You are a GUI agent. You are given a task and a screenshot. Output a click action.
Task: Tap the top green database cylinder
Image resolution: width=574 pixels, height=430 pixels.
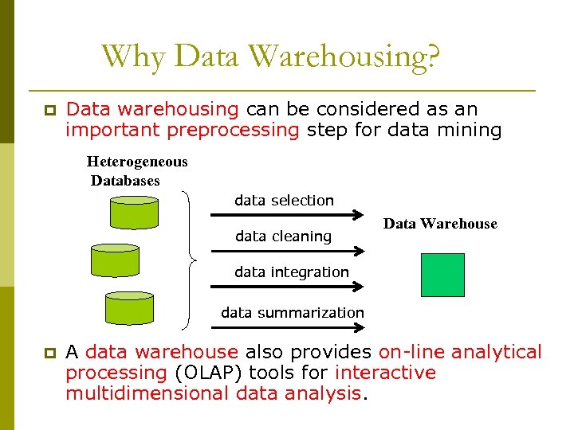tap(134, 212)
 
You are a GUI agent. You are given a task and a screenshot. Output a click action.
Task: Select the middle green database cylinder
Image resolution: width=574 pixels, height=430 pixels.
tap(115, 260)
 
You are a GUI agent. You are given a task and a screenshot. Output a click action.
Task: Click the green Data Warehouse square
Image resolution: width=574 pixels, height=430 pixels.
tap(442, 275)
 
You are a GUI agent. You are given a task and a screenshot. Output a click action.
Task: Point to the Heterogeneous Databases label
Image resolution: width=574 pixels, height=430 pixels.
tap(136, 171)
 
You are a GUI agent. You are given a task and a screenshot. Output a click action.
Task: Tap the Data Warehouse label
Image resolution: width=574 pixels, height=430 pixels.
tap(440, 224)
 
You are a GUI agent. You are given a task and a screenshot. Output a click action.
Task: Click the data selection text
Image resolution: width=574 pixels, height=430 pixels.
tap(284, 201)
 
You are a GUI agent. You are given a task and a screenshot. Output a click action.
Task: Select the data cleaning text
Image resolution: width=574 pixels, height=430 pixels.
tap(283, 236)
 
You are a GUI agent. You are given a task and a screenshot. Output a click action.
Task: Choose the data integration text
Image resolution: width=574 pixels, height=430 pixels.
tap(292, 272)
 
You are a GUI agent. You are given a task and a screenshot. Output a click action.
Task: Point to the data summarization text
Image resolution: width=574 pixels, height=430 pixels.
tap(293, 313)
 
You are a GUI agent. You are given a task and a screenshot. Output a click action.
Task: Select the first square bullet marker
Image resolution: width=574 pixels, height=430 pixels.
tap(49, 110)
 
